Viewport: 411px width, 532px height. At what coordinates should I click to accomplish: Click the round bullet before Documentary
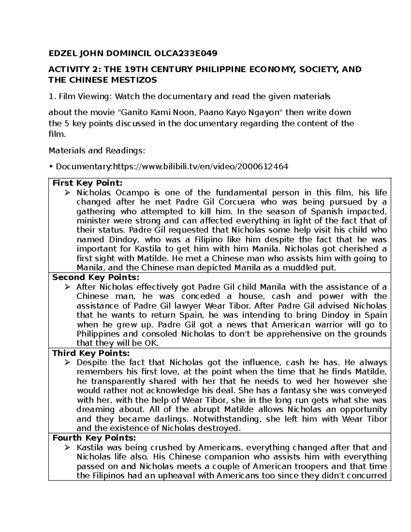click(51, 167)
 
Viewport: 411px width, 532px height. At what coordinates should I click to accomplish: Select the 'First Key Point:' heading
click(87, 183)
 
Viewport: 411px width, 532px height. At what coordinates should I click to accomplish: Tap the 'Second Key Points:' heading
click(96, 277)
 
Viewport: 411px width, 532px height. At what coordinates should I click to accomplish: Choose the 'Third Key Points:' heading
click(91, 353)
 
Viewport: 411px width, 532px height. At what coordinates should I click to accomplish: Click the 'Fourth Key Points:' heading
click(94, 438)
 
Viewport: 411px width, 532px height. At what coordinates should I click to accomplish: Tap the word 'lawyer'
click(190, 306)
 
